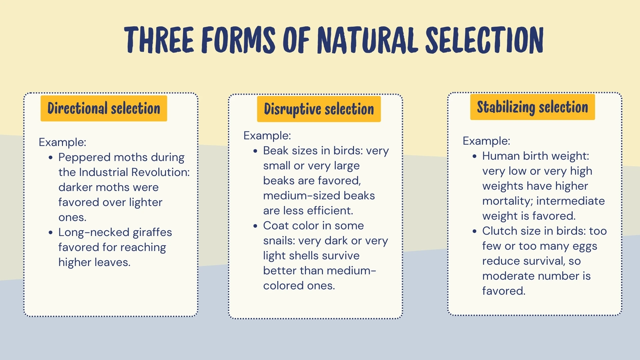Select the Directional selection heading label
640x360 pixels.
[104, 108]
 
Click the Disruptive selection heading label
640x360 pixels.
[319, 109]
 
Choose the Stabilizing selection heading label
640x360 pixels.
[532, 107]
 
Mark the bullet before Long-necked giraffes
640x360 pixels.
[50, 232]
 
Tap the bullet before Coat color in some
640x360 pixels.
[255, 226]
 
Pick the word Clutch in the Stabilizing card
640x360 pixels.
[500, 231]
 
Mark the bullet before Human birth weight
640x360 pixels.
[474, 156]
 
